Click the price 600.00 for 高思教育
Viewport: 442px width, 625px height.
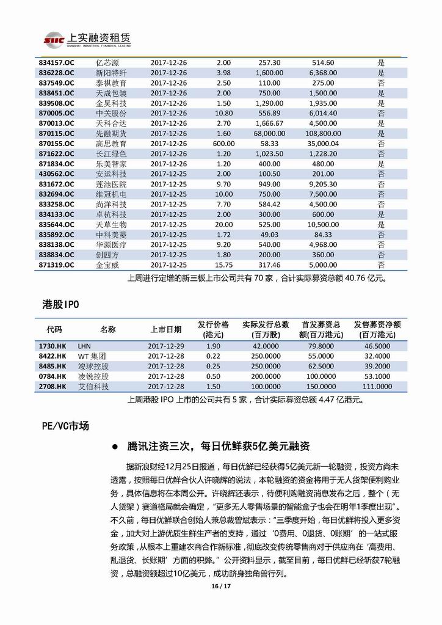[x=223, y=144]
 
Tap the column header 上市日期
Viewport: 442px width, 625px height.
[x=165, y=329]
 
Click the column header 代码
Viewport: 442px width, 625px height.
[x=54, y=329]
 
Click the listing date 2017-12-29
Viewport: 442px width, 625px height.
[x=166, y=346]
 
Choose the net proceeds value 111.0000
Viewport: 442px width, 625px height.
[x=377, y=387]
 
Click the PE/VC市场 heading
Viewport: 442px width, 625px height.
[x=63, y=426]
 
